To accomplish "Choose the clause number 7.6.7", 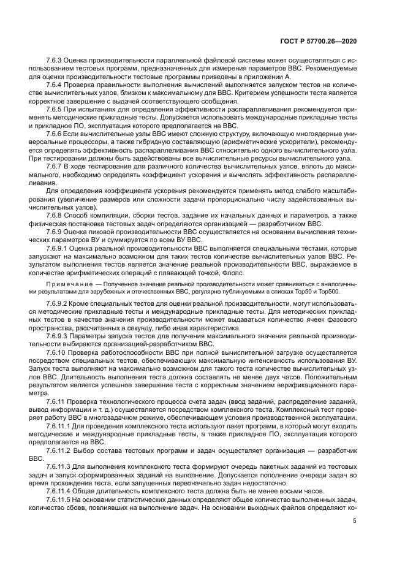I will coord(56,166).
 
